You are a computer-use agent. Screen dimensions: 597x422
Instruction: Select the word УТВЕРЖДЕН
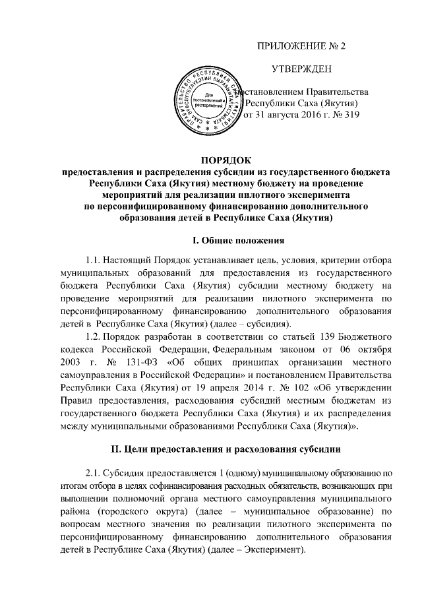(x=301, y=69)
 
